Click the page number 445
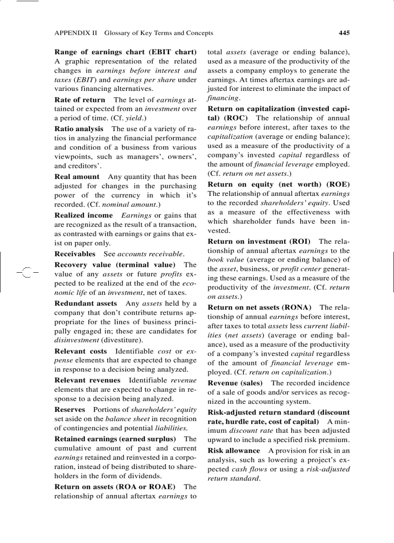point(344,33)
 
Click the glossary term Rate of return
point(80,100)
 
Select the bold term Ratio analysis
point(79,129)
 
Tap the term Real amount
point(77,176)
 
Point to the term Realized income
point(84,215)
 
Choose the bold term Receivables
point(75,253)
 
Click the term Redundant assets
point(85,303)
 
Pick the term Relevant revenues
point(87,380)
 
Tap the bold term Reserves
point(70,409)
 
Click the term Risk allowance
point(234,450)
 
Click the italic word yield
point(132,118)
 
